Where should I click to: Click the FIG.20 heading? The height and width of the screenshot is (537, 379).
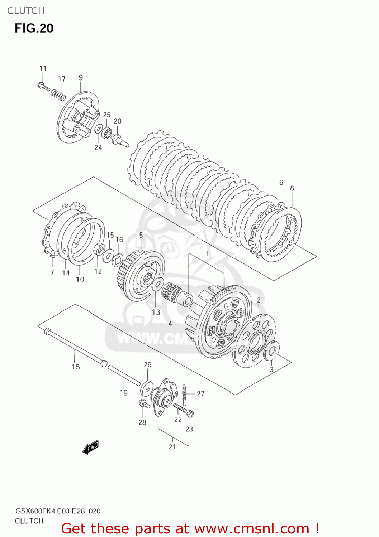click(34, 28)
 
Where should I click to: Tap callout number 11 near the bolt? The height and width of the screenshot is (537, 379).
click(43, 68)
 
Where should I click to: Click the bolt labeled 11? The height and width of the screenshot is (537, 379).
click(44, 87)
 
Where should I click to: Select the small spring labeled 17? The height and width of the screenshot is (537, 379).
click(58, 95)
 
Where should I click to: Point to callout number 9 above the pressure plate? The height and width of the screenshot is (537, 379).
click(81, 77)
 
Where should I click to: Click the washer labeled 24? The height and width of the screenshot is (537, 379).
click(98, 129)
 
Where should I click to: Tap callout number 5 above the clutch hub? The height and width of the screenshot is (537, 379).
click(141, 235)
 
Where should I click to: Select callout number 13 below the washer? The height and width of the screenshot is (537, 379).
click(156, 312)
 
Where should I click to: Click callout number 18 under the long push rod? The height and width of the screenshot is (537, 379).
click(76, 367)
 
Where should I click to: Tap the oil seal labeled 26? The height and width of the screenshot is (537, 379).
click(146, 387)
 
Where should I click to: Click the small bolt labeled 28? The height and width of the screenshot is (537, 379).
click(144, 404)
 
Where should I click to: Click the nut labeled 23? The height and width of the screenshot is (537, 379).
click(190, 414)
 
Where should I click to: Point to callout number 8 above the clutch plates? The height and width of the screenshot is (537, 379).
click(292, 188)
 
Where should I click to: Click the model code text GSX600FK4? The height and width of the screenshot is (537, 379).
click(35, 511)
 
